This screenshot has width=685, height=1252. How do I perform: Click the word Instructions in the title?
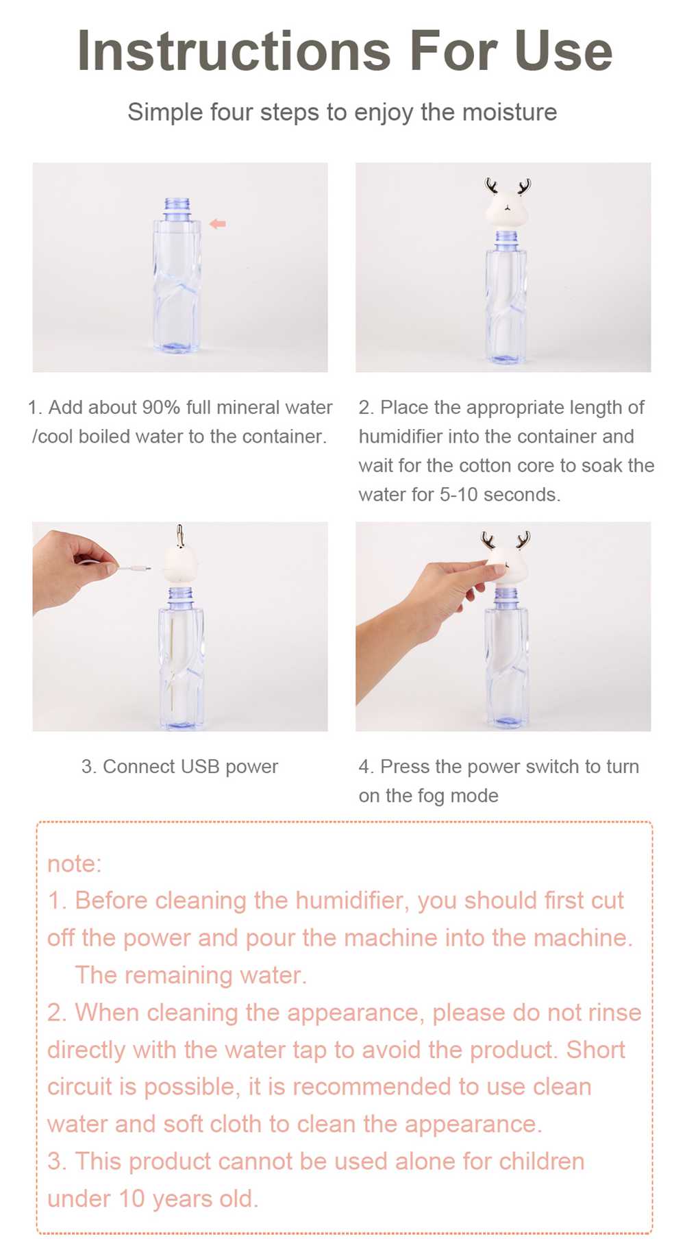pyautogui.click(x=234, y=51)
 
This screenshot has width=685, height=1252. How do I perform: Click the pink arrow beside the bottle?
pyautogui.click(x=217, y=223)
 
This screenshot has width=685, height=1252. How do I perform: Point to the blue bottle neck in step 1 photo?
pyautogui.click(x=177, y=208)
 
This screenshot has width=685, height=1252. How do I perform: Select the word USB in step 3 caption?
pyautogui.click(x=200, y=767)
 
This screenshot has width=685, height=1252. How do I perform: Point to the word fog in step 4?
pyautogui.click(x=430, y=796)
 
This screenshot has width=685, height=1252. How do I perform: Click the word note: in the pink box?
pyautogui.click(x=74, y=863)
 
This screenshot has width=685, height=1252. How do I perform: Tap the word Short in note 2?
pyautogui.click(x=596, y=1050)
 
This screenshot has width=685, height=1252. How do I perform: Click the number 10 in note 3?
pyautogui.click(x=132, y=1199)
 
